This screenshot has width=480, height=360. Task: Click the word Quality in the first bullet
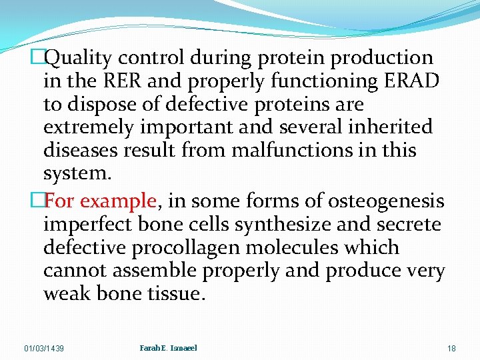pos(81,59)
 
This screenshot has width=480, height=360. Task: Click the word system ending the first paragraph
pos(74,173)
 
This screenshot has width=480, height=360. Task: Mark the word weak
pos(69,293)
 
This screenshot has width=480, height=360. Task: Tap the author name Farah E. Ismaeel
pos(169,348)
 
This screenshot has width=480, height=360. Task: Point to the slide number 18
pos(451,349)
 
